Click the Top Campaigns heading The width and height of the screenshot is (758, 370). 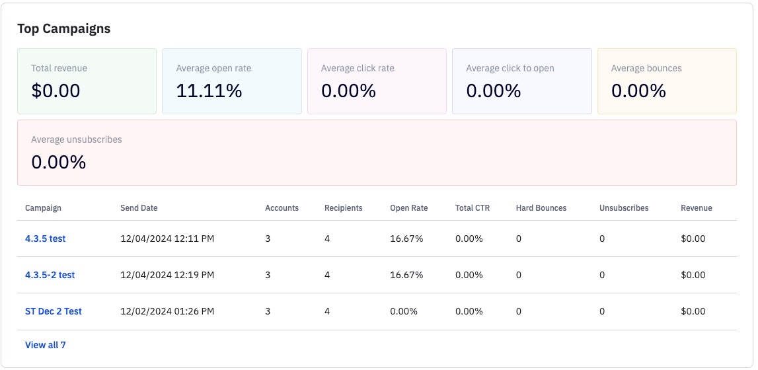point(63,28)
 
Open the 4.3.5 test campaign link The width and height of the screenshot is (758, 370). point(45,239)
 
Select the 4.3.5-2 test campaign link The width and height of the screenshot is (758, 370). point(50,275)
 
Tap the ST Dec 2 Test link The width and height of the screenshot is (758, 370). point(54,311)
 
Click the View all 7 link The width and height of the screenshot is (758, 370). point(46,345)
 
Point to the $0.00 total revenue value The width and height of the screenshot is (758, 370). point(56,91)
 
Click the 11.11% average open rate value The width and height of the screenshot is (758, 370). point(209,91)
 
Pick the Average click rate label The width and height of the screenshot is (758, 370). point(358,68)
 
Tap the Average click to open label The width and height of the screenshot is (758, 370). point(510,68)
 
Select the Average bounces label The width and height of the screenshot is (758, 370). point(646,68)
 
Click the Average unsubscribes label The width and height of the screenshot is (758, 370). point(77,139)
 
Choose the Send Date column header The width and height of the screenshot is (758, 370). point(139,208)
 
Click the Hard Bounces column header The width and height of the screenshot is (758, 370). point(541,208)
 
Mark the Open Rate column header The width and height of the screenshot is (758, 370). point(409,208)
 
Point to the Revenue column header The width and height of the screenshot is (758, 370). point(697,208)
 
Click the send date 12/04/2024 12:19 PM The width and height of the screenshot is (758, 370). point(167,275)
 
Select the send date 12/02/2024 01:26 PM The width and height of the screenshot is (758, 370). point(167,311)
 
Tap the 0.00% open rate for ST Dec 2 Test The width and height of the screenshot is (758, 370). point(404,311)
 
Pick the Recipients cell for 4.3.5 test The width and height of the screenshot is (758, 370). point(327,239)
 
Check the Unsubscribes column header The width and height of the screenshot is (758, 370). point(624,208)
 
